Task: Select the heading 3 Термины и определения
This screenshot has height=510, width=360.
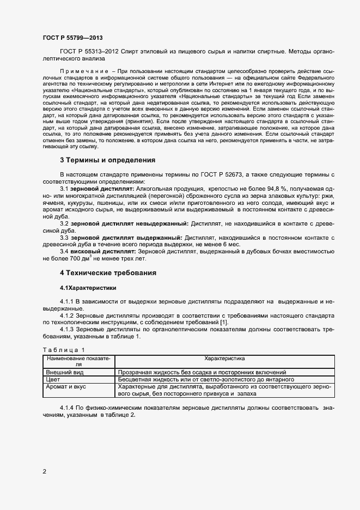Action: (x=107, y=160)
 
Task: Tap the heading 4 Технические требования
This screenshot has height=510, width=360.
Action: (x=108, y=272)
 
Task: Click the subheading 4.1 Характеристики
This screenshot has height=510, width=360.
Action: (x=88, y=287)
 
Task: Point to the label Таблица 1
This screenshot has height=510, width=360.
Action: (x=64, y=349)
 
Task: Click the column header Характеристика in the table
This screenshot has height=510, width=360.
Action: (x=224, y=359)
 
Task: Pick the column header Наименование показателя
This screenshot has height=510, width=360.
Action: (x=78, y=361)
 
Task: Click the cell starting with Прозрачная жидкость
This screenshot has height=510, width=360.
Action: (x=198, y=372)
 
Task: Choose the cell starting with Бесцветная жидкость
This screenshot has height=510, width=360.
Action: (x=206, y=379)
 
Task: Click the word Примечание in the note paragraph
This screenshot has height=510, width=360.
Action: (x=82, y=71)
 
